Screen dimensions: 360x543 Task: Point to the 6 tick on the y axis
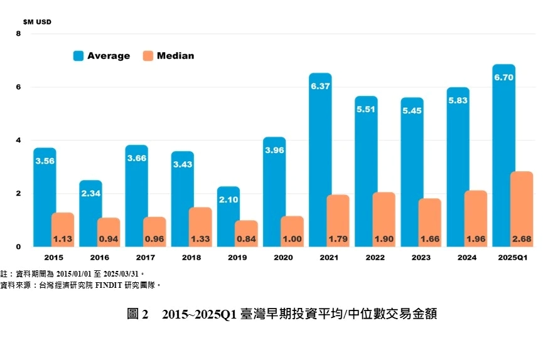18,87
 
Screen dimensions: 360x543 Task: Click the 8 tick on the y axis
18,34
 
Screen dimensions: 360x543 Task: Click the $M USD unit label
37,22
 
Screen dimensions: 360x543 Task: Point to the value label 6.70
504,78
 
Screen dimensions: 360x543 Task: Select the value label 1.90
384,238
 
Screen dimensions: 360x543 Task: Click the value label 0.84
245,238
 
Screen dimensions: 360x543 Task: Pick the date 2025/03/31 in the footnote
120,274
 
